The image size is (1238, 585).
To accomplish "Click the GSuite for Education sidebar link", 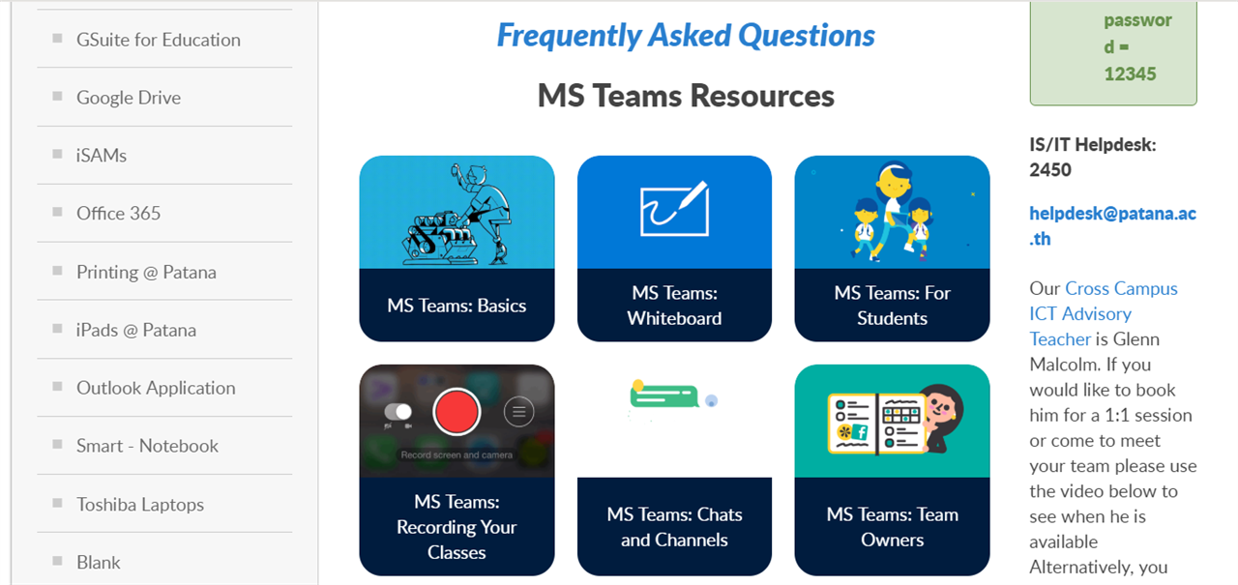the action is (158, 40).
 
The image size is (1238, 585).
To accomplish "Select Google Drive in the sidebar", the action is (129, 98).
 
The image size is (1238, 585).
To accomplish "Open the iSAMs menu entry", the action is (102, 156).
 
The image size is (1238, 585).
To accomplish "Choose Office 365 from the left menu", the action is (118, 214).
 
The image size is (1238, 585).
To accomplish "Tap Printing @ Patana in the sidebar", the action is (146, 272).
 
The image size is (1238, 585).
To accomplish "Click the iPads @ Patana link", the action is (136, 330).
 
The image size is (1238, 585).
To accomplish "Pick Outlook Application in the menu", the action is (156, 388).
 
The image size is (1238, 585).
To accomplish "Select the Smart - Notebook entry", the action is (147, 446).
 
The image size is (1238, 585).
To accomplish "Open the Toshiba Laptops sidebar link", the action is (140, 505).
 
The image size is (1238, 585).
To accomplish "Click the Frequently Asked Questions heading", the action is (686, 36).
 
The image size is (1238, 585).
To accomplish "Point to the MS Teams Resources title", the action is (686, 96).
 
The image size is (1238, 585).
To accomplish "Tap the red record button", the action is (457, 412).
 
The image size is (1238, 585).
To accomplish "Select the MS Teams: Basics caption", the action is (457, 306).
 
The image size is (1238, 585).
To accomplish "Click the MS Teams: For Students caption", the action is (892, 306).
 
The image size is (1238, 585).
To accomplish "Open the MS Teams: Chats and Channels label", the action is (674, 527).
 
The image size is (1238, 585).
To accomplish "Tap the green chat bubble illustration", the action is (664, 395).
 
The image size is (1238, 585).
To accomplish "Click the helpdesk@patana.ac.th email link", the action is (1112, 226).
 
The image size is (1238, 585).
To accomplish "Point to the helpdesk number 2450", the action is (1050, 169).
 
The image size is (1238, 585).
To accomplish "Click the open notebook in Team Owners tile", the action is (877, 424).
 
